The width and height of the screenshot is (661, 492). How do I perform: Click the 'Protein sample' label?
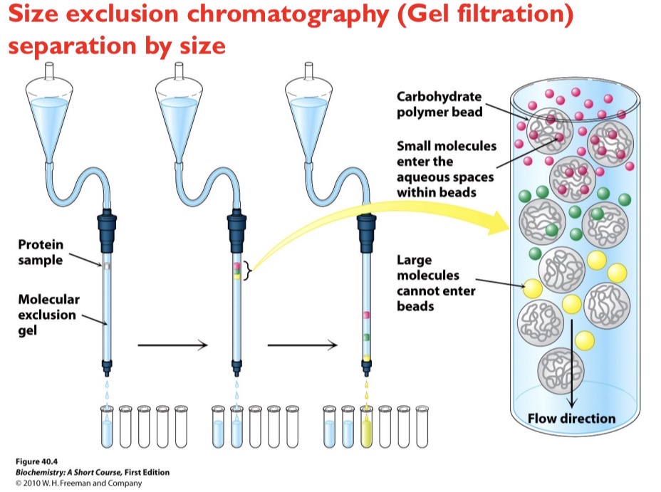coord(40,253)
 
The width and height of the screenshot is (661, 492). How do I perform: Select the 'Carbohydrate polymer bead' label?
coord(439,105)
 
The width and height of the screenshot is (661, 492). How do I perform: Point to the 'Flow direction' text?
coord(571,418)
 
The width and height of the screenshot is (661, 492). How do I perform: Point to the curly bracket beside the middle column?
coord(246,271)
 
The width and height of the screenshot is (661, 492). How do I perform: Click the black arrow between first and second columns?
coord(172,345)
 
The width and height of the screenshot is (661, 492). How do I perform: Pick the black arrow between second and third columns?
coord(301,345)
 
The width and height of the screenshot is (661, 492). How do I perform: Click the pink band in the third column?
coord(366,313)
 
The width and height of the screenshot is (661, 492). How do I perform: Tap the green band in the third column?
coord(366,335)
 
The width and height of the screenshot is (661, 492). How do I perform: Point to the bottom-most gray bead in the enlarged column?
coord(560,368)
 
